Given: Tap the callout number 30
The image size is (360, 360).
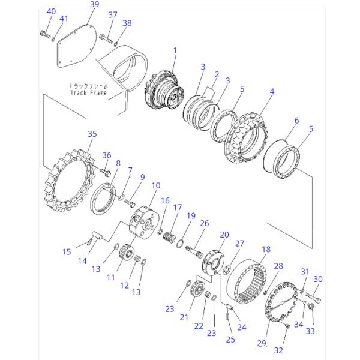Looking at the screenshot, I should pos(318,278).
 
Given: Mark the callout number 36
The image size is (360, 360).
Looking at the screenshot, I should pos(106,155).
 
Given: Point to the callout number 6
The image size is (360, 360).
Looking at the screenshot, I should pos(296,120).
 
